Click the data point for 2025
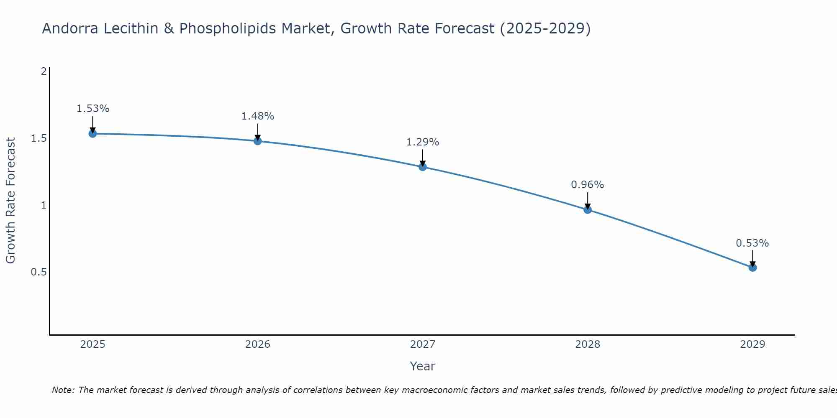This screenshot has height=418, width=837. click(93, 134)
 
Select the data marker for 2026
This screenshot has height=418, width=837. click(258, 141)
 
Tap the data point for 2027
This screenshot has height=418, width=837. click(423, 167)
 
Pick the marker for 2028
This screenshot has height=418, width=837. click(588, 210)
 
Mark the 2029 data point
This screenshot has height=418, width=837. click(752, 268)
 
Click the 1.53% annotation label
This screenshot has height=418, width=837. click(93, 109)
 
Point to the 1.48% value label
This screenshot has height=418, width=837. click(258, 116)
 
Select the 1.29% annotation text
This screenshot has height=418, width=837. click(423, 142)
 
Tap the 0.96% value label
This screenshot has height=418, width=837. click(588, 185)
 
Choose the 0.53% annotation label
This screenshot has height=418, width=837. click(752, 243)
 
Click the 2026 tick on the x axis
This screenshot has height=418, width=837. click(258, 344)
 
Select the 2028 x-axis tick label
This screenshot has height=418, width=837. click(588, 344)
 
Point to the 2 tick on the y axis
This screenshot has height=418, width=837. click(43, 71)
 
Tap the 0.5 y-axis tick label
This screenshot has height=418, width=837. click(39, 272)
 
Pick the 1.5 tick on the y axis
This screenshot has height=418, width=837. click(39, 138)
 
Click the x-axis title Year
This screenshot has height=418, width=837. click(423, 366)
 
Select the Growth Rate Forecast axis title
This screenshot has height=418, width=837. click(10, 201)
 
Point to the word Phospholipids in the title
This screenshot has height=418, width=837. click(229, 28)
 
